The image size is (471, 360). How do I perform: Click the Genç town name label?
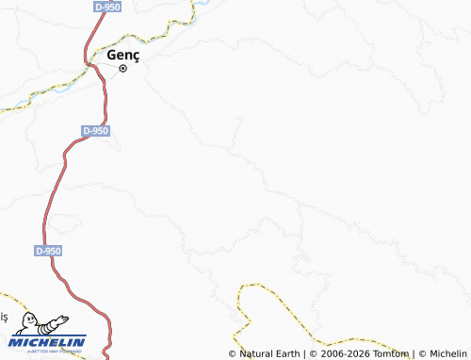(x=123, y=56)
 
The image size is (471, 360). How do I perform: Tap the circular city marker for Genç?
(x=122, y=68)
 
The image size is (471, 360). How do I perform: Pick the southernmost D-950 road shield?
(x=48, y=251)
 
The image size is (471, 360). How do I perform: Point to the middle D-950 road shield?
(x=95, y=131)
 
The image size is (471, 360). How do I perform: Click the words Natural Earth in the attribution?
(x=268, y=354)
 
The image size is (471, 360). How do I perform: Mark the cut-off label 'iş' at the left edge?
(x=3, y=317)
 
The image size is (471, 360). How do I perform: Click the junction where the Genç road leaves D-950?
(x=93, y=64)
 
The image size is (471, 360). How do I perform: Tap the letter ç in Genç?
(x=136, y=57)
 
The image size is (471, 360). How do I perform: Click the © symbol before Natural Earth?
(x=233, y=354)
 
